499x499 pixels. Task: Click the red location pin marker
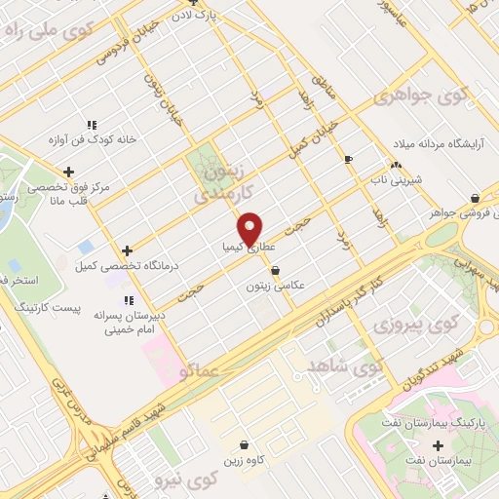(x=251, y=228)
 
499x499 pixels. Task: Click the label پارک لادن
(x=214, y=17)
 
